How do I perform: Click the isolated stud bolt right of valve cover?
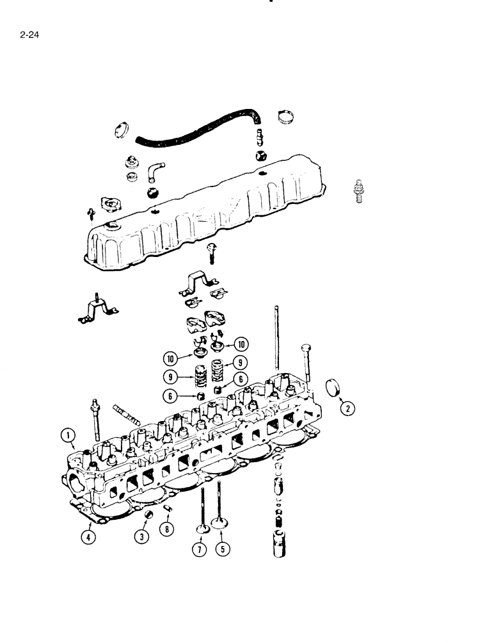358,190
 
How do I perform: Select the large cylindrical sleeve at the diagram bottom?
279,544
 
